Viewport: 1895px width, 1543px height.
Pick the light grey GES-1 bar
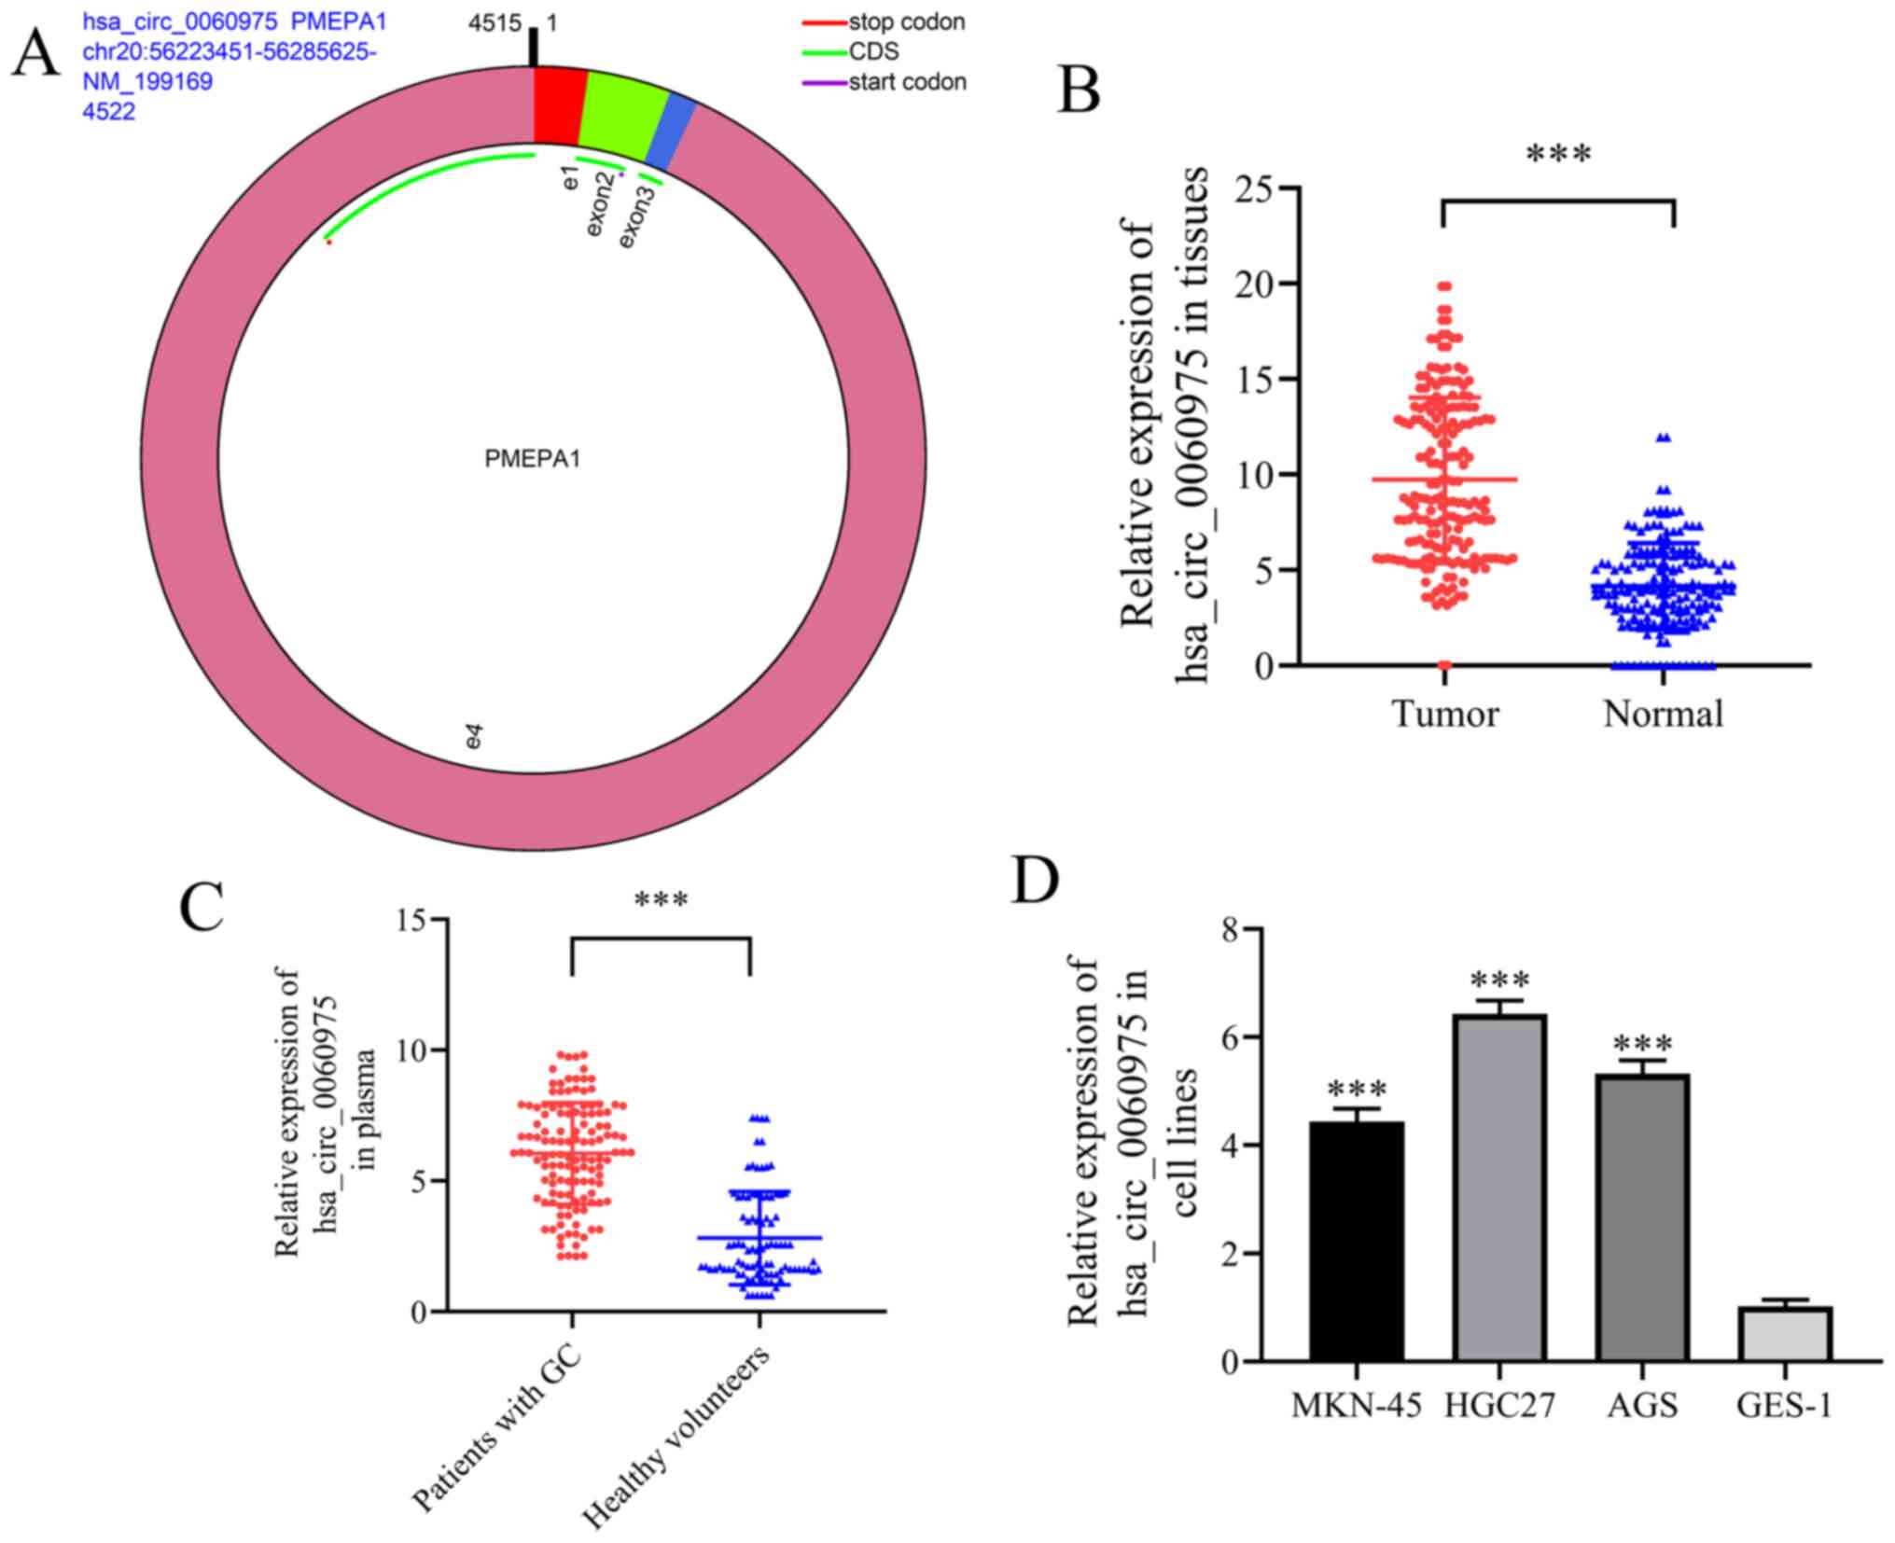(x=1785, y=1333)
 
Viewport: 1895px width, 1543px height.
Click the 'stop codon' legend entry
(x=906, y=21)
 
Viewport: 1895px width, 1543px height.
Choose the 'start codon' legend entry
(x=907, y=82)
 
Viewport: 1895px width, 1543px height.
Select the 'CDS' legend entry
(x=873, y=51)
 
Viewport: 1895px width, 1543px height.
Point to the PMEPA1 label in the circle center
(x=532, y=459)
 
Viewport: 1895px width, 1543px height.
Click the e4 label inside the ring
(x=475, y=738)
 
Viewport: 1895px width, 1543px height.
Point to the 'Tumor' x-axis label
(x=1444, y=714)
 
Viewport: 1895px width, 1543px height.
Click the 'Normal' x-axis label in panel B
(x=1663, y=714)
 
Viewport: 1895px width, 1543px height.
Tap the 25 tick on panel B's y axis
(x=1256, y=188)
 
